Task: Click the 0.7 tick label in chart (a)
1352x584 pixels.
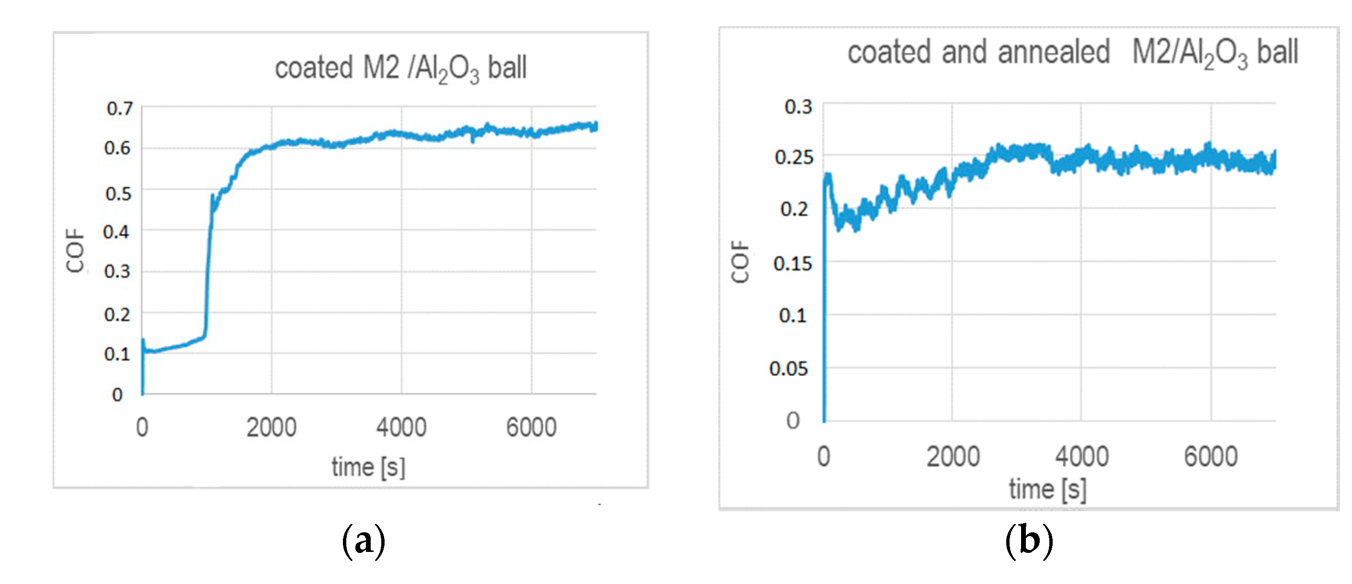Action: (x=120, y=109)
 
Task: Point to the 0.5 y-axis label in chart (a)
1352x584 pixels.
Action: (x=118, y=193)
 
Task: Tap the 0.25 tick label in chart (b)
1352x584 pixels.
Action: (x=794, y=157)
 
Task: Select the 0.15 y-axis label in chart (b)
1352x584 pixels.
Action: (x=793, y=263)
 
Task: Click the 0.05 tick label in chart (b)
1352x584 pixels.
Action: (x=788, y=369)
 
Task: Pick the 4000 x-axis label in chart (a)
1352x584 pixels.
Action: (x=401, y=427)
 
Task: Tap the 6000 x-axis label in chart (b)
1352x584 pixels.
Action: (x=1210, y=457)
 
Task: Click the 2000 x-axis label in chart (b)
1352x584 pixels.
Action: (x=953, y=457)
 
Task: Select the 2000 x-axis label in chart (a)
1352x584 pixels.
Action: (x=272, y=427)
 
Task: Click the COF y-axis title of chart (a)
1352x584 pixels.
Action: (x=76, y=250)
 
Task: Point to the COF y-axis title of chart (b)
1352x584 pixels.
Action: (x=740, y=262)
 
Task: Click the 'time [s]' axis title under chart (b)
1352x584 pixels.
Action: (x=1047, y=489)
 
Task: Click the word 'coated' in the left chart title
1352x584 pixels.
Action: (x=313, y=68)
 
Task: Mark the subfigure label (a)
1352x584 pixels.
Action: (x=363, y=540)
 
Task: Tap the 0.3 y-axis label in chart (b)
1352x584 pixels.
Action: (x=798, y=107)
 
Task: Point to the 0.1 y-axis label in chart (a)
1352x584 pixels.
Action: (x=117, y=354)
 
